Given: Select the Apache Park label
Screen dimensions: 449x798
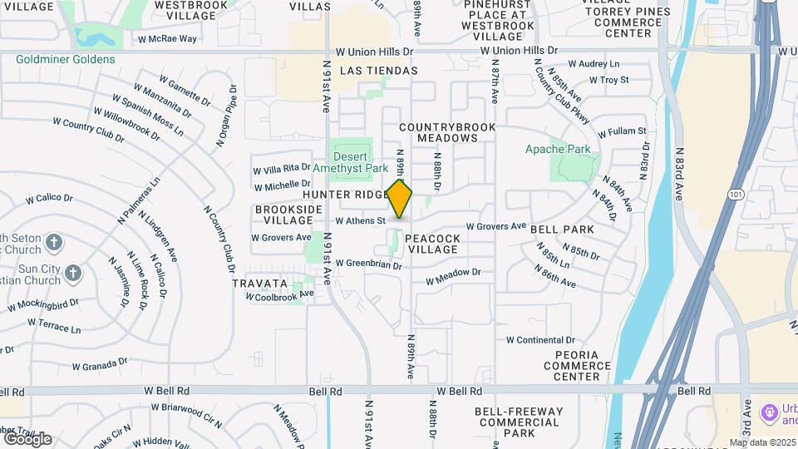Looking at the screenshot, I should pyautogui.click(x=558, y=150).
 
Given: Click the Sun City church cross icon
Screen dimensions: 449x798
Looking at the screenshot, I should pyautogui.click(x=73, y=273).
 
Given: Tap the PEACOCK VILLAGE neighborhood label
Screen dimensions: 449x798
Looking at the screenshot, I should pyautogui.click(x=433, y=244).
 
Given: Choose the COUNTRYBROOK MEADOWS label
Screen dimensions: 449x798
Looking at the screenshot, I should pyautogui.click(x=447, y=132).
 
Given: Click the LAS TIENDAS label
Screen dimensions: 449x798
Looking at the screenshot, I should pyautogui.click(x=379, y=71).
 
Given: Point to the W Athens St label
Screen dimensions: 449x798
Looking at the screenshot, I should pyautogui.click(x=360, y=221).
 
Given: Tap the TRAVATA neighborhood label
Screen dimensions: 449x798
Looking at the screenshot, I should pyautogui.click(x=260, y=283).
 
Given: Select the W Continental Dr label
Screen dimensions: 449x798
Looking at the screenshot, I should pyautogui.click(x=540, y=340).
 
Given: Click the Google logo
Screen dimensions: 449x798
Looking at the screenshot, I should pyautogui.click(x=27, y=438).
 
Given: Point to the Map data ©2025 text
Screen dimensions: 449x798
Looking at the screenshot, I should pyautogui.click(x=763, y=442).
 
